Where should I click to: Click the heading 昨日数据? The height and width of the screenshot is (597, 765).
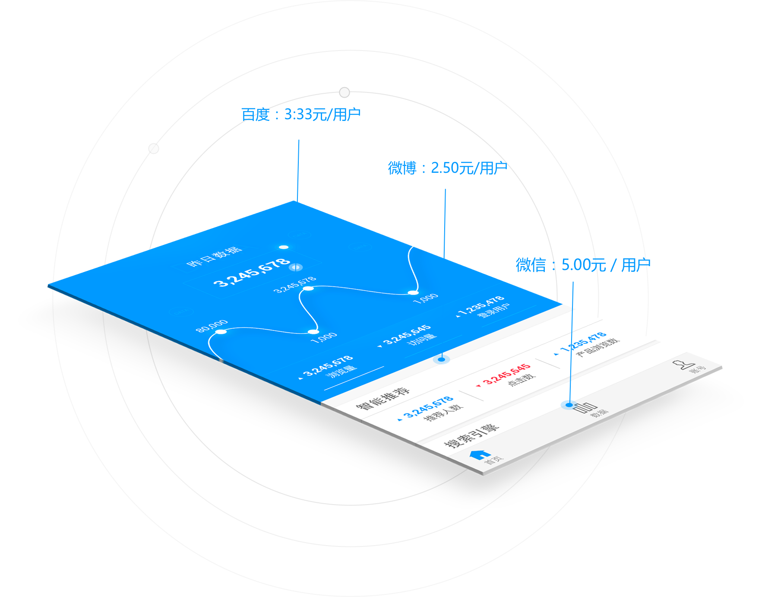[214, 257]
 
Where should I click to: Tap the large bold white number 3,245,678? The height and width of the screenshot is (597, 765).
[252, 273]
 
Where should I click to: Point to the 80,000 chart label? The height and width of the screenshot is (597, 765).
[212, 326]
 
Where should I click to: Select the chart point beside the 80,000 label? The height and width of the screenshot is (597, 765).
[221, 332]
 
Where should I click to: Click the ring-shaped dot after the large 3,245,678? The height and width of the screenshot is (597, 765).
[296, 267]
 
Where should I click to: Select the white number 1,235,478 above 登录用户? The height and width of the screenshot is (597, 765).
[481, 305]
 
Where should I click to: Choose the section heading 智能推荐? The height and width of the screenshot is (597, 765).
[382, 398]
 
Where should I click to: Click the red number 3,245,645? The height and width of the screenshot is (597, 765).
[507, 374]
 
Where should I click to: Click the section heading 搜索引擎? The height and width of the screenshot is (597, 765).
[471, 435]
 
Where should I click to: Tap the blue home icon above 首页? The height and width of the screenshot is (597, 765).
[480, 454]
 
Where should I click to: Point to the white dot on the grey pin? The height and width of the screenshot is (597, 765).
[345, 92]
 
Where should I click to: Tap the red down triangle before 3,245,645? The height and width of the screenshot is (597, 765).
[478, 385]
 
